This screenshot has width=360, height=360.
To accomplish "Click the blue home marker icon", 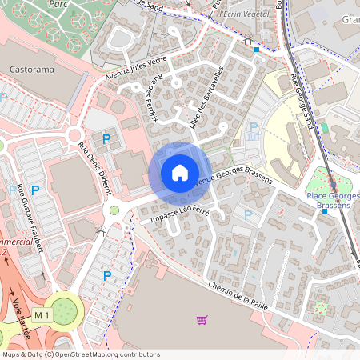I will (179, 172).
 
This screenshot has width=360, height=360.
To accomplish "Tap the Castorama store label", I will (32, 70).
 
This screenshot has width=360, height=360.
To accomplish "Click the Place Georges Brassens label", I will (333, 201).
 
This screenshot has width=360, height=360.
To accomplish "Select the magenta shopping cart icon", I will (202, 320).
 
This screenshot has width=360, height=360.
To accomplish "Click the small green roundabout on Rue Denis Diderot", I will (114, 210).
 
